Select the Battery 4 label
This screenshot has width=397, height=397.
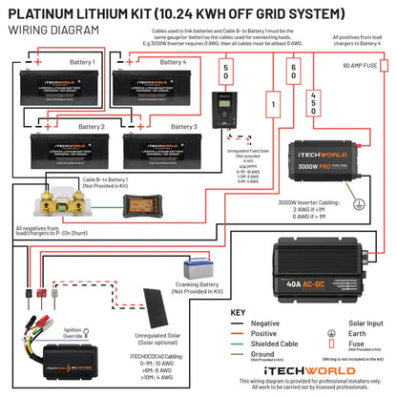173,62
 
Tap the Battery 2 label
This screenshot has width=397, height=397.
91,126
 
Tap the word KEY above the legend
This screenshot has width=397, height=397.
240,312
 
